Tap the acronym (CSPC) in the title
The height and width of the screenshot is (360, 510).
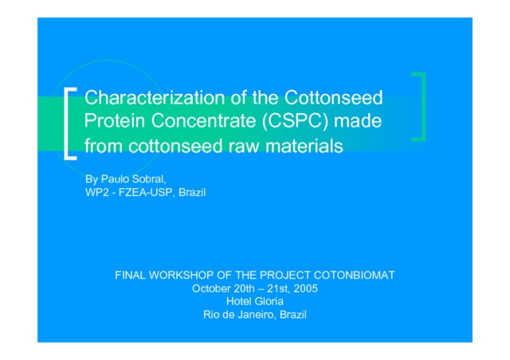[295, 121]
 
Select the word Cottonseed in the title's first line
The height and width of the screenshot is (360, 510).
[334, 97]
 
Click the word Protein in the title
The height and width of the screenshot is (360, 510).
[115, 120]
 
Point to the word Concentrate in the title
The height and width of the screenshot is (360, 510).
[204, 120]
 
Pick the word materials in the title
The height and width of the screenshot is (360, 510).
[304, 146]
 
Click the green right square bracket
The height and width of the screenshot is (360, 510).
[423, 107]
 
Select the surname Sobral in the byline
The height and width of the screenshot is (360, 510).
[149, 179]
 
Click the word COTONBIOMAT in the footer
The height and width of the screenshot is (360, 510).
[354, 276]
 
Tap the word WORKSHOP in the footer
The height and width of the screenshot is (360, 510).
[181, 276]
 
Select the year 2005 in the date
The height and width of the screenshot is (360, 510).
[306, 289]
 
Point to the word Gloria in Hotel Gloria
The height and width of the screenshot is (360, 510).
[269, 302]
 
